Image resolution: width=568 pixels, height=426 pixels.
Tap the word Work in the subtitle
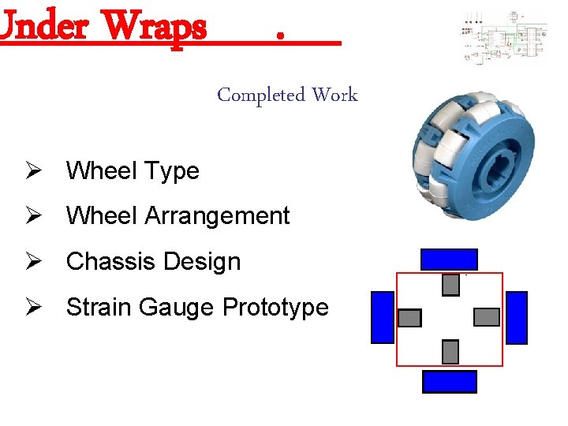(x=334, y=95)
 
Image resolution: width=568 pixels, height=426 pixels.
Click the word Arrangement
(x=218, y=215)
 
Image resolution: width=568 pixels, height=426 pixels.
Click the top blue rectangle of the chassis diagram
(x=449, y=260)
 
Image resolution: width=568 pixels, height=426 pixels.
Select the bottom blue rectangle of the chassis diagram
(x=450, y=382)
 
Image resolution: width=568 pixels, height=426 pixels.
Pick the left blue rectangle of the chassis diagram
(x=383, y=317)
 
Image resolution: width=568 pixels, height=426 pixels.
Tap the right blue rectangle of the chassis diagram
(x=516, y=317)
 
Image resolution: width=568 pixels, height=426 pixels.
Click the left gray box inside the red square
(x=410, y=318)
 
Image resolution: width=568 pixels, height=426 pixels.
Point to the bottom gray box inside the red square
(x=450, y=352)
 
